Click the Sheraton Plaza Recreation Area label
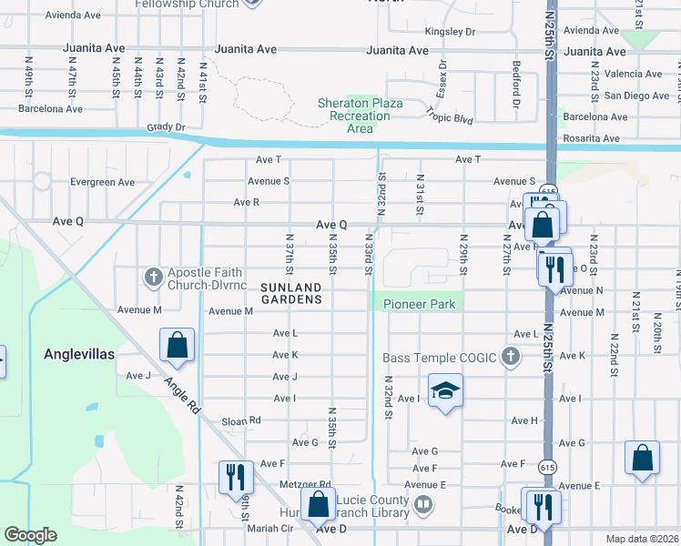tap(360, 116)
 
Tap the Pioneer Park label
tap(419, 304)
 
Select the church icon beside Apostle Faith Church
tap(153, 274)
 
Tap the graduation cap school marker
tap(443, 390)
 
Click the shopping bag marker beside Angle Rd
tap(177, 345)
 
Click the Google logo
tap(30, 535)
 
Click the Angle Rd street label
tap(182, 398)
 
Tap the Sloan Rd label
tap(242, 421)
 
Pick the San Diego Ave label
tap(636, 96)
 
